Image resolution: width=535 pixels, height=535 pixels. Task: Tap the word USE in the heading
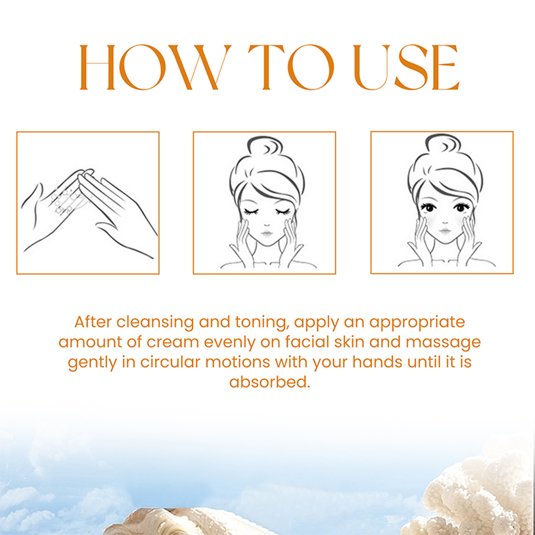[x=406, y=67]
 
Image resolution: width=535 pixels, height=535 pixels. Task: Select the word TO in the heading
[x=291, y=67]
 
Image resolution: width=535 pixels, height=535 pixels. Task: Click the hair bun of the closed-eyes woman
[x=264, y=145]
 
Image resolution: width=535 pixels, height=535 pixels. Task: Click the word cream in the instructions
[x=173, y=342]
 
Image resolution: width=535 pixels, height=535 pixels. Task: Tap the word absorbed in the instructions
[x=270, y=382]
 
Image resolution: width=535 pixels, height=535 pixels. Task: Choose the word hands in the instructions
[x=377, y=362]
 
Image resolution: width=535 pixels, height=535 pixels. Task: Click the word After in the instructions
[x=93, y=322]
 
